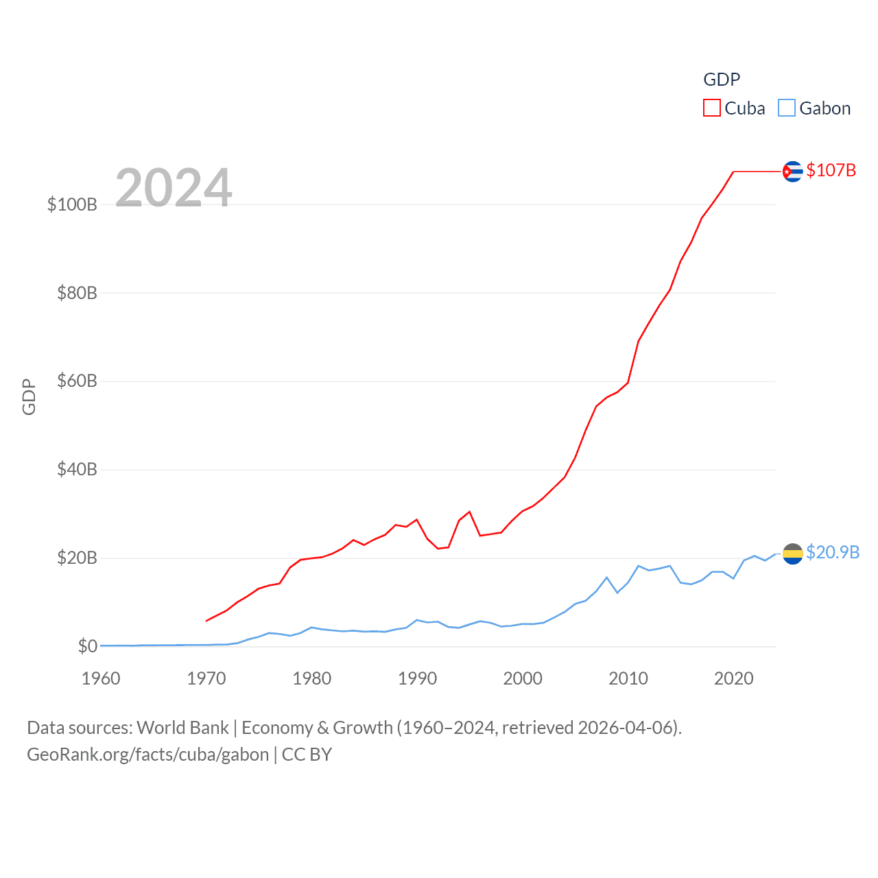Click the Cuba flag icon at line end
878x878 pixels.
(x=792, y=171)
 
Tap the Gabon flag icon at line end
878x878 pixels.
(x=792, y=554)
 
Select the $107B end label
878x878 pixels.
(x=831, y=170)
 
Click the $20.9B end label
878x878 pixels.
(x=832, y=552)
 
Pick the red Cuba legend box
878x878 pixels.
(x=712, y=108)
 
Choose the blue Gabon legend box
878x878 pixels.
(x=787, y=108)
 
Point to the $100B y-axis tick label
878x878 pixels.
(x=72, y=204)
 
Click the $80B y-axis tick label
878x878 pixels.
(x=77, y=293)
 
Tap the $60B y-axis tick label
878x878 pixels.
(x=77, y=381)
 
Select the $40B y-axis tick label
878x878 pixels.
(x=77, y=469)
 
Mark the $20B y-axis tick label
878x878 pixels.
(x=77, y=558)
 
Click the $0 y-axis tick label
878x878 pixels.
(x=88, y=646)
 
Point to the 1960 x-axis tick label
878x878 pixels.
(x=101, y=678)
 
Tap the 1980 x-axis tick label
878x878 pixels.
(x=312, y=678)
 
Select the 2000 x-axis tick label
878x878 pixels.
(x=523, y=678)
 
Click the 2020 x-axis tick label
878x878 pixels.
(x=734, y=678)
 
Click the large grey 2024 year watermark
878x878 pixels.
(x=174, y=188)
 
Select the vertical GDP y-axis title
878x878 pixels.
(x=29, y=396)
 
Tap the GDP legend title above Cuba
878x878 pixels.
(x=722, y=80)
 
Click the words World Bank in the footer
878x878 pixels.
(x=182, y=728)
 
